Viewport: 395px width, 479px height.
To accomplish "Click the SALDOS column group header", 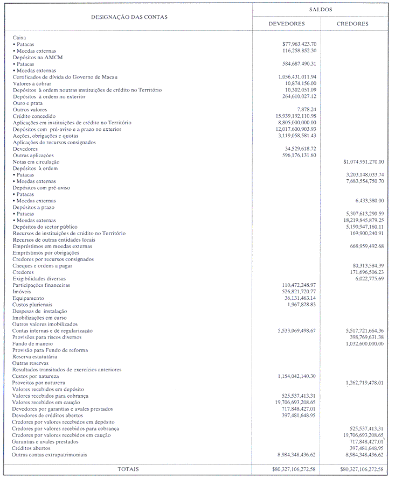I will [x=321, y=10].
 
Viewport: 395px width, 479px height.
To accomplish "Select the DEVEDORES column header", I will [x=287, y=24].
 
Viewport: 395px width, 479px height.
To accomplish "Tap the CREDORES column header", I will [x=352, y=24].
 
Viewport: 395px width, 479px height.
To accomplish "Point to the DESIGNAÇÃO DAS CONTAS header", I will [x=129, y=17].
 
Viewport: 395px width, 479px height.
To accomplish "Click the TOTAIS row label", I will [x=128, y=469].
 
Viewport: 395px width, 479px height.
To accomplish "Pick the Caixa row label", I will [x=19, y=38].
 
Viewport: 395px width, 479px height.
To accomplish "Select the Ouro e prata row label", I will [x=27, y=103].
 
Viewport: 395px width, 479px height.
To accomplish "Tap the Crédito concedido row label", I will [x=33, y=116].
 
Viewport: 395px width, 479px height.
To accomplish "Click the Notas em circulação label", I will [x=36, y=161].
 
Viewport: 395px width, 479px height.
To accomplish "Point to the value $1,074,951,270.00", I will [x=363, y=161].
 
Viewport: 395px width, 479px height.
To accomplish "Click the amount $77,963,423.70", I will [x=299, y=44].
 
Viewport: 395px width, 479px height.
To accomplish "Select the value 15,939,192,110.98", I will [x=296, y=116].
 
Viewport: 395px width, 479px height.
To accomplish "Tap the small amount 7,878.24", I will [x=306, y=110].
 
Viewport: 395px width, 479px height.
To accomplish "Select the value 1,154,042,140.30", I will [x=296, y=376].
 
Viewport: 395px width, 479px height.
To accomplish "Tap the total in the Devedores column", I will [x=294, y=469].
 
